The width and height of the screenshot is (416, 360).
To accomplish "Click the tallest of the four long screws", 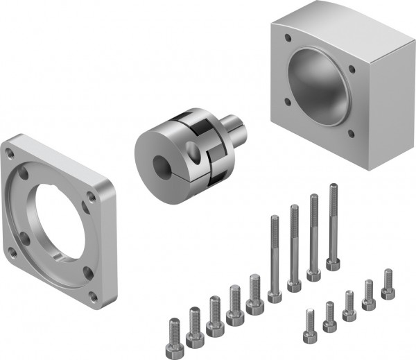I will tap(333, 225).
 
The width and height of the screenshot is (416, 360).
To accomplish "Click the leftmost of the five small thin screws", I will tap(309, 324).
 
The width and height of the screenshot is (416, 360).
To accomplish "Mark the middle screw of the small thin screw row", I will tap(349, 303).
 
